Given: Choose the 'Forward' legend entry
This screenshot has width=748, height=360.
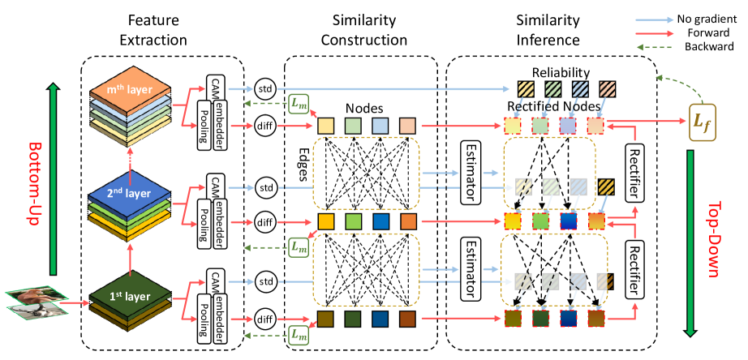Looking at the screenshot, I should [x=704, y=30].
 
